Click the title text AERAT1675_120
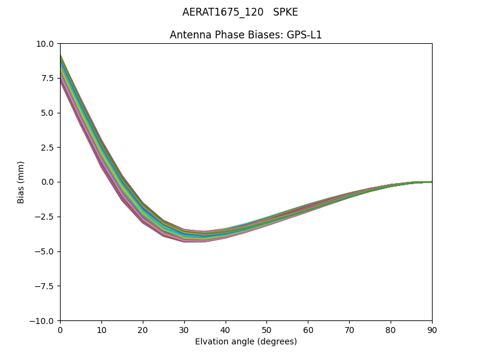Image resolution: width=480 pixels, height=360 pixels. pos(223,13)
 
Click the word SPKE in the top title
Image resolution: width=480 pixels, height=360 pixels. pos(285,13)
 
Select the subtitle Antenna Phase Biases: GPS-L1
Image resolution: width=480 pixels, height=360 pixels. pos(246,35)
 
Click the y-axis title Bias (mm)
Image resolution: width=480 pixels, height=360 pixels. pos(21,182)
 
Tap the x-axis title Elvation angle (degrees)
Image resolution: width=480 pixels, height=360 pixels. pos(246,342)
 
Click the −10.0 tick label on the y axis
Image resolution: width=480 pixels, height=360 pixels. pos(44,321)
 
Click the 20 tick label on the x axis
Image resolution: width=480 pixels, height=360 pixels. pos(143,330)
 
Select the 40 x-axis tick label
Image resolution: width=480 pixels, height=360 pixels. pos(226,330)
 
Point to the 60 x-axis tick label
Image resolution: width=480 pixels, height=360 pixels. pos(308,330)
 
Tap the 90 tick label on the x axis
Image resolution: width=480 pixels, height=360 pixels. pos(431,330)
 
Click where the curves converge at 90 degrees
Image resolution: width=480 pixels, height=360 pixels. pos(431,182)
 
